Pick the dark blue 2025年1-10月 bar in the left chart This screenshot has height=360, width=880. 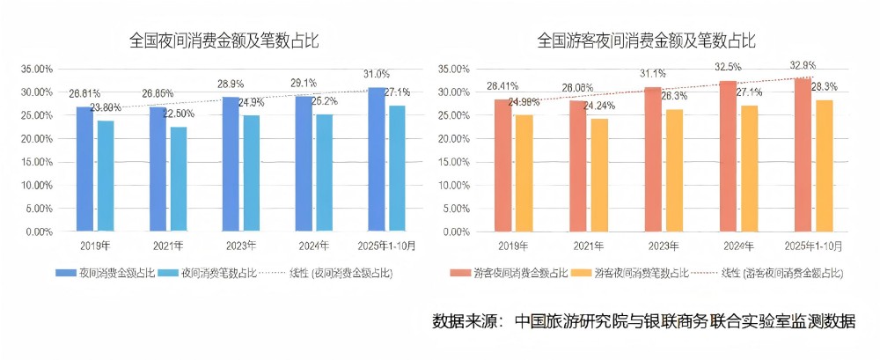pyautogui.click(x=377, y=159)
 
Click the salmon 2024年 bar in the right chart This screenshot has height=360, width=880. pyautogui.click(x=728, y=156)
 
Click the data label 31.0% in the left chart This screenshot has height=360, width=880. pyautogui.click(x=376, y=74)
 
